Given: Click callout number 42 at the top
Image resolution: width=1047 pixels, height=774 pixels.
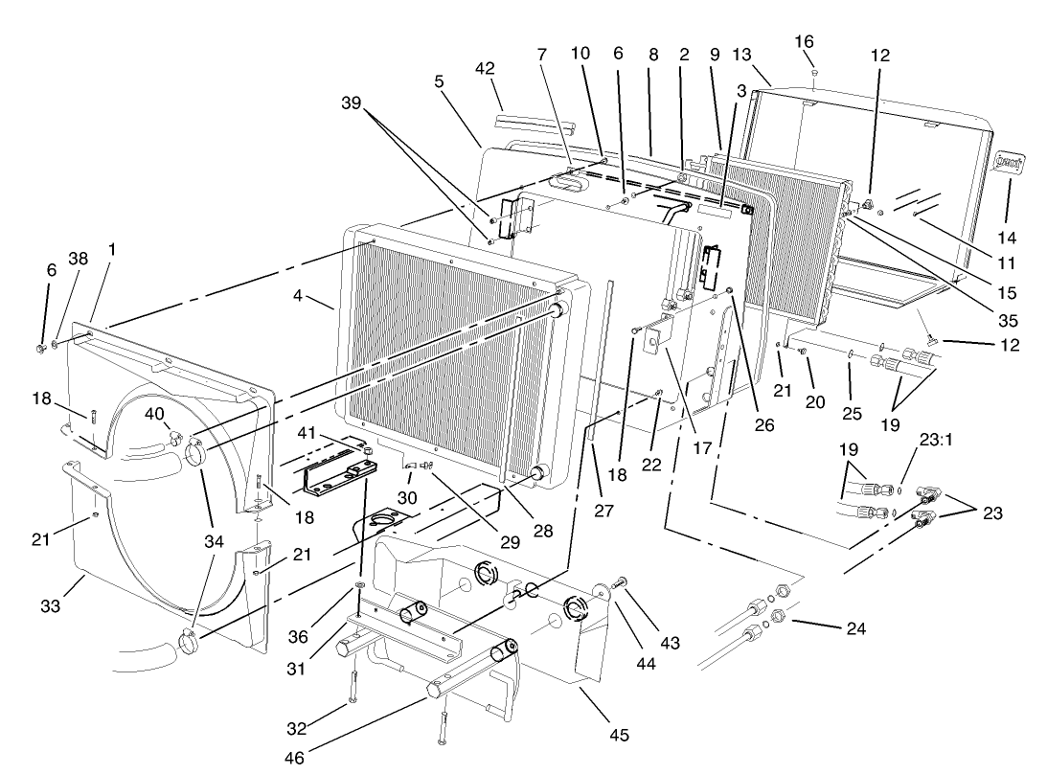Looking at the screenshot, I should pos(486,69).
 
